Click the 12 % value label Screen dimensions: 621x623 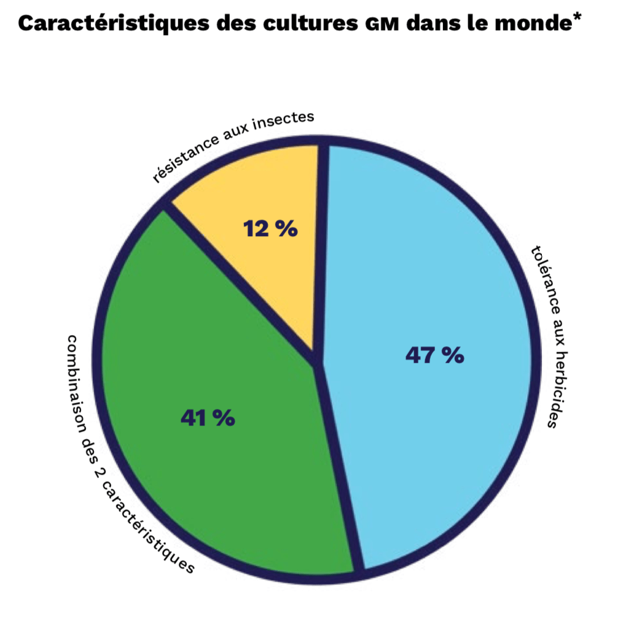point(270,229)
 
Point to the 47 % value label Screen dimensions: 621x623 point(434,355)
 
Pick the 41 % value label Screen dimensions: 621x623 point(208,418)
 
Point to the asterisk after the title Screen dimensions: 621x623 point(578,16)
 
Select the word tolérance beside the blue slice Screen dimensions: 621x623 point(544,280)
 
